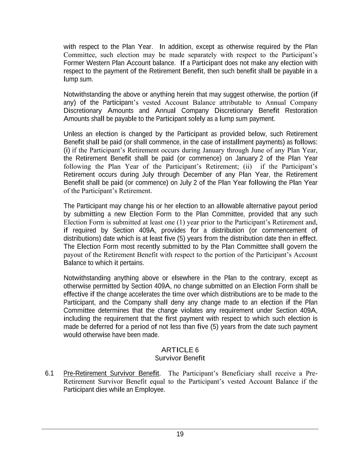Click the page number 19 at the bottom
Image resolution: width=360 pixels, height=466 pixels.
(x=180, y=434)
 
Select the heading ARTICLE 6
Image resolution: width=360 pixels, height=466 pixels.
(x=179, y=350)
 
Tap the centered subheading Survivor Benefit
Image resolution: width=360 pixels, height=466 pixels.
(x=179, y=358)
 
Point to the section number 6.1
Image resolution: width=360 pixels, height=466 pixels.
(x=49, y=373)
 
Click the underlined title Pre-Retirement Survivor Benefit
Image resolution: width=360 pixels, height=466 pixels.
(x=111, y=373)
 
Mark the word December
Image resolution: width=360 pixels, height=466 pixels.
(x=198, y=175)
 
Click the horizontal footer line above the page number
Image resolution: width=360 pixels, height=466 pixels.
(x=180, y=429)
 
